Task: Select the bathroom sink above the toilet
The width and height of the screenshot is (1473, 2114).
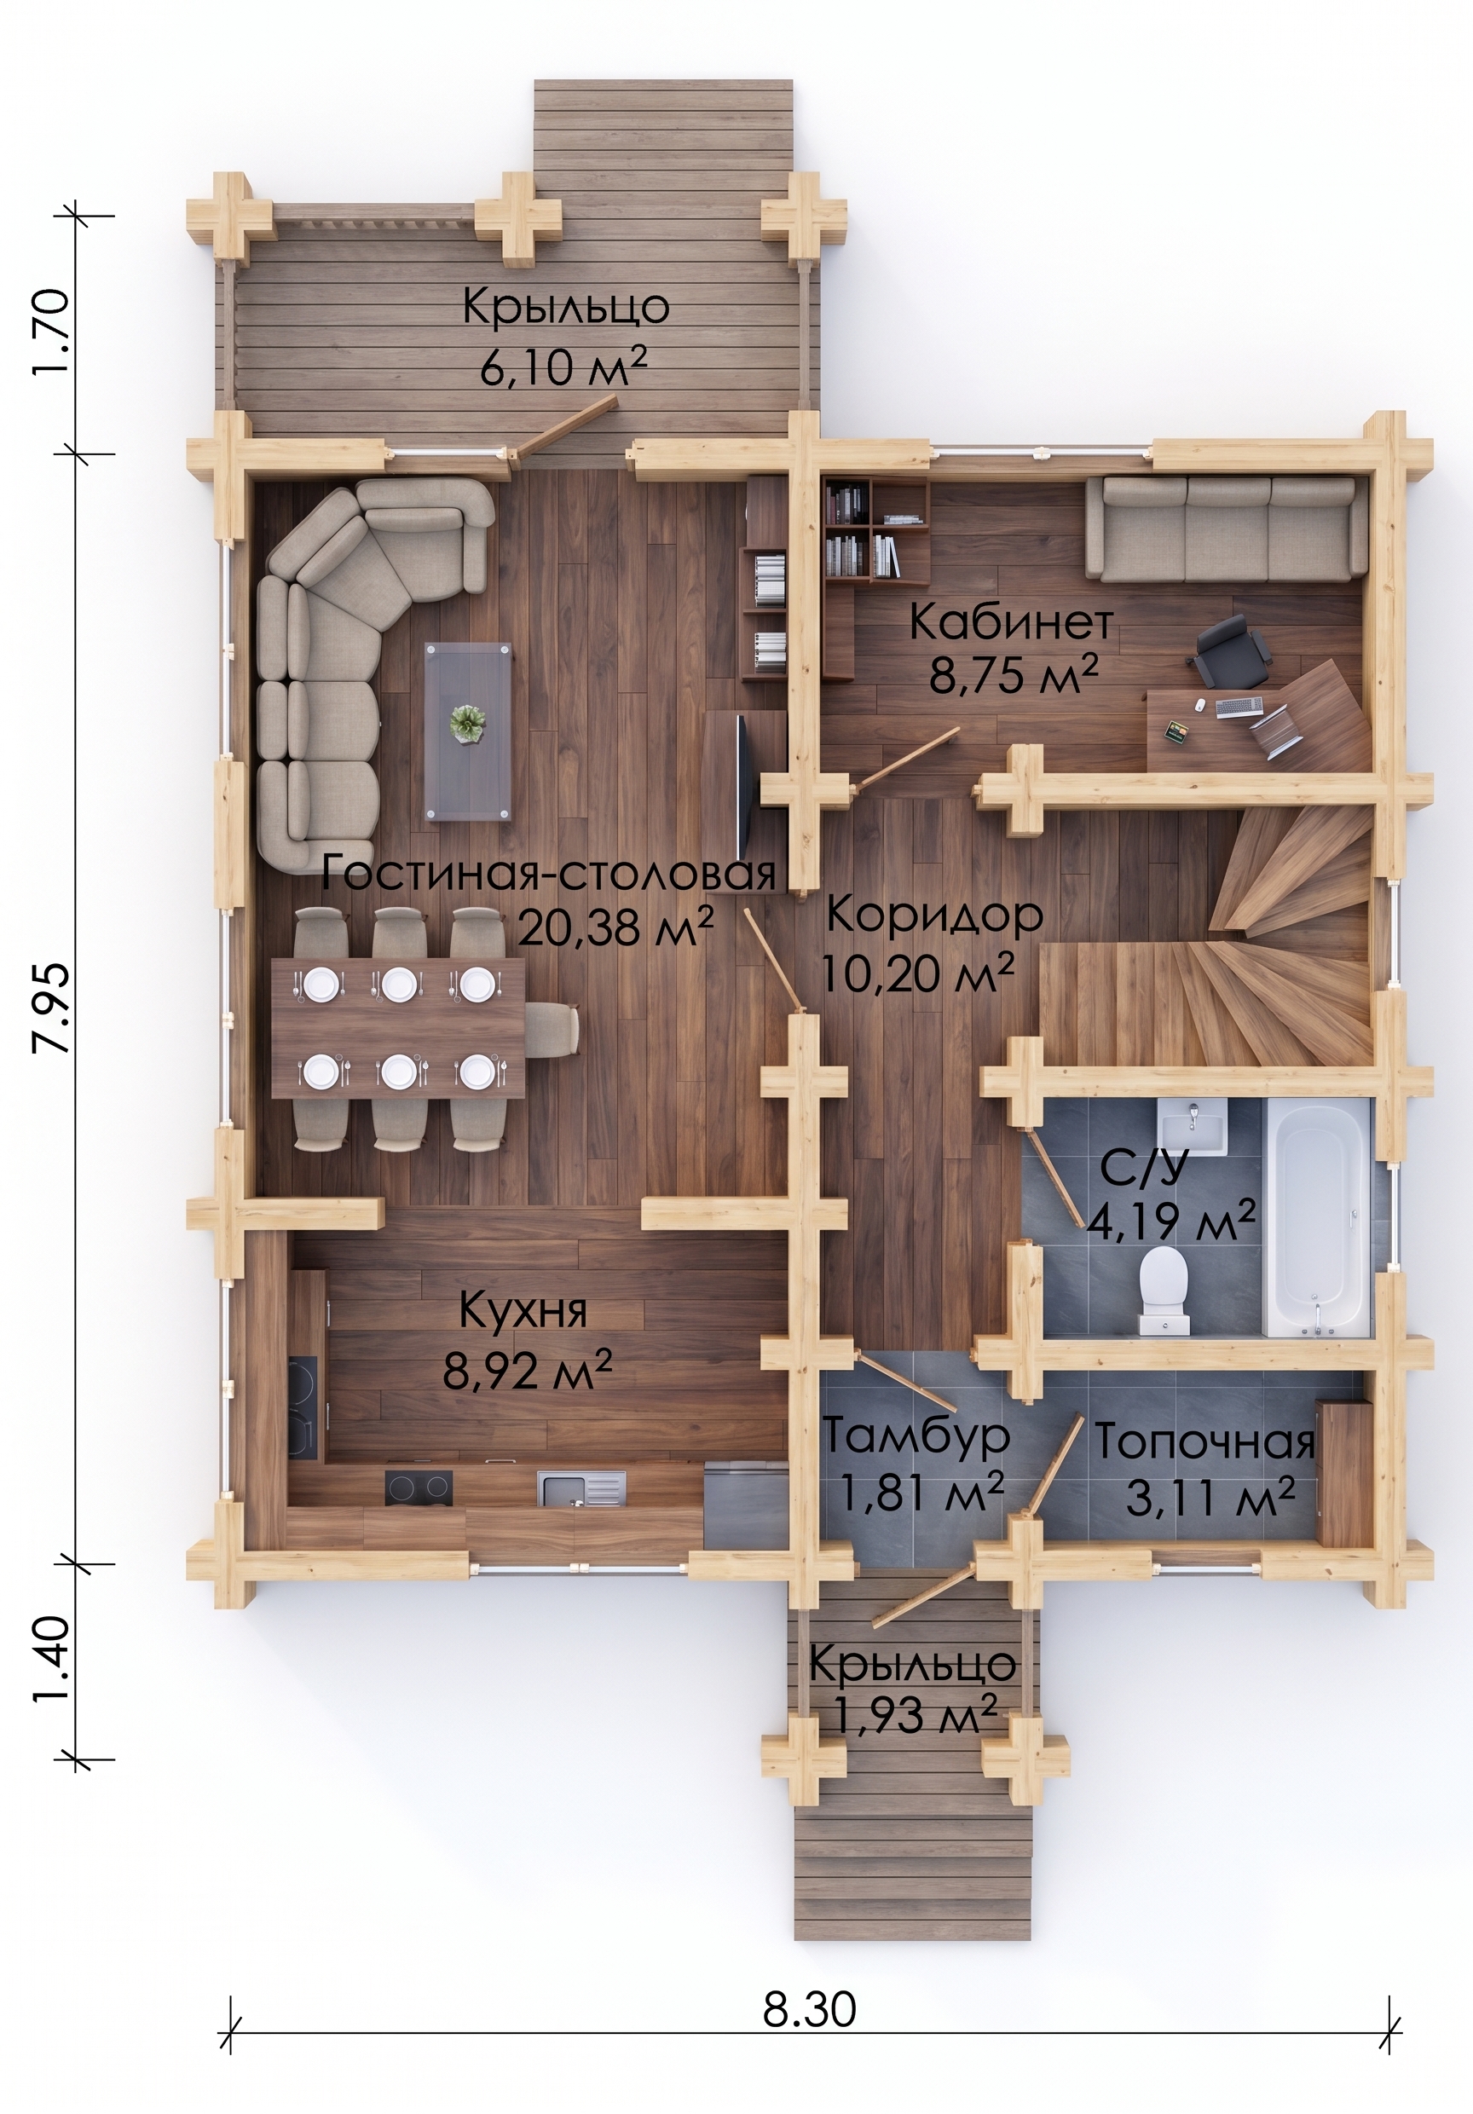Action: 1193,1126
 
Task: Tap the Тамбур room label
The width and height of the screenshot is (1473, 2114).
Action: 916,1435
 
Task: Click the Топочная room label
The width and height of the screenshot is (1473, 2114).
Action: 1204,1443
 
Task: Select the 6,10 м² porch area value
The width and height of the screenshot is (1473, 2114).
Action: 572,371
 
